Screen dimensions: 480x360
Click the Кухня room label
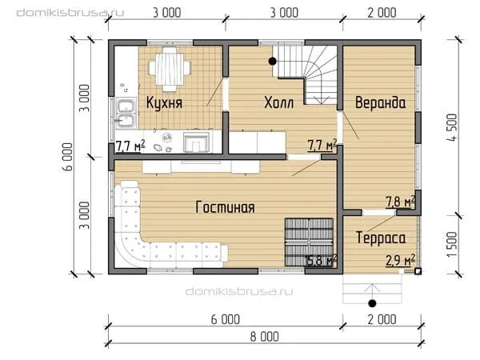(164, 102)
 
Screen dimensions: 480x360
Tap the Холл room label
(279, 102)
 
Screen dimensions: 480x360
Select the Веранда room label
(381, 102)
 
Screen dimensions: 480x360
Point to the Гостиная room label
(225, 207)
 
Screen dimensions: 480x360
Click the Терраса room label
(381, 238)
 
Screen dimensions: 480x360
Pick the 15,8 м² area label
(321, 261)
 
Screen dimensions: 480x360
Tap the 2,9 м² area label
(400, 261)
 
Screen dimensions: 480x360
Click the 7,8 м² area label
(400, 202)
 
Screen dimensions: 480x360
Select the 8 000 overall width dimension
(265, 337)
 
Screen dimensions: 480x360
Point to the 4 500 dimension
(453, 127)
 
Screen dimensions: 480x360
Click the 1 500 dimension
(453, 244)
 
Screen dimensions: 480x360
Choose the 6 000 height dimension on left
(68, 157)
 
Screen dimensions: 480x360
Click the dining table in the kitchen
(170, 69)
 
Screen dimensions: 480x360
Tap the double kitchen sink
(126, 113)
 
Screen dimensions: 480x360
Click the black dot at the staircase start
(273, 62)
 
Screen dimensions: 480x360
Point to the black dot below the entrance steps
(372, 303)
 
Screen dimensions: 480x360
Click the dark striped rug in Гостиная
(309, 242)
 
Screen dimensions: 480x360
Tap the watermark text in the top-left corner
(70, 13)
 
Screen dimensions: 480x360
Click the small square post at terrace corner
(418, 271)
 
